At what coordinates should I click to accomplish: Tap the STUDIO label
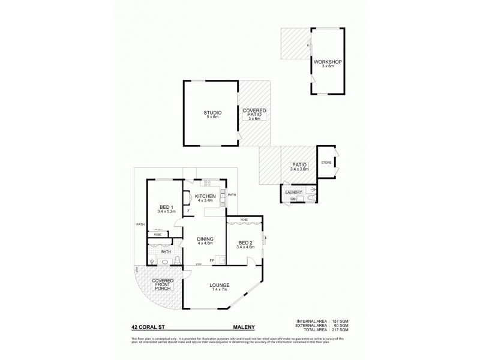point(212,112)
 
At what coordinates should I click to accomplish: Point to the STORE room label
point(326,163)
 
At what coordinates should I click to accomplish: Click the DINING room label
point(205,239)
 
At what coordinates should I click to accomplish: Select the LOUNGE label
point(220,285)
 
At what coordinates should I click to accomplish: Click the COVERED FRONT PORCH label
point(163,284)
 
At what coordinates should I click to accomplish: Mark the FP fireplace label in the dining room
point(212,260)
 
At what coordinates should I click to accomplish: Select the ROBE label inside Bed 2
point(244,220)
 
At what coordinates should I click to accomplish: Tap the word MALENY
point(244,328)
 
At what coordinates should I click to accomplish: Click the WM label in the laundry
point(293,199)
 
